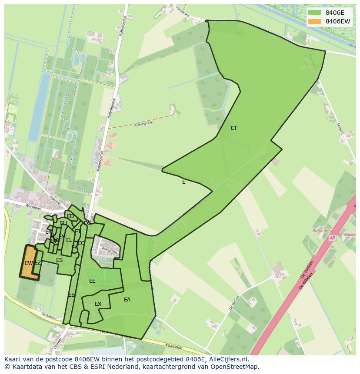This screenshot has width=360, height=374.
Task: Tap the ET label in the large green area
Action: [x=234, y=128]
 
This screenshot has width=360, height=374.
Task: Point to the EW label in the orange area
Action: [x=29, y=263]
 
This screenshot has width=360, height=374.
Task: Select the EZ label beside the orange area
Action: [x=38, y=263]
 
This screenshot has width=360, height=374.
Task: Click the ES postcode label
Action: [x=59, y=260]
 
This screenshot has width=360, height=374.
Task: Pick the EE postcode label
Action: [x=92, y=281]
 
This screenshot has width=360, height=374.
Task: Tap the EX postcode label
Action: [x=98, y=304]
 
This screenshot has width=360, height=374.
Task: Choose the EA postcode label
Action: [x=127, y=300]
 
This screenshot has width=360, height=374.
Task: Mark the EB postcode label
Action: [x=71, y=295]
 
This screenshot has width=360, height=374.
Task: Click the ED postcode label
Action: [x=70, y=216]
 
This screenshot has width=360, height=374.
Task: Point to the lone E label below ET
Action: [x=184, y=182]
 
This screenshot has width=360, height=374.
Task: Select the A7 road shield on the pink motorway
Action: [x=332, y=238]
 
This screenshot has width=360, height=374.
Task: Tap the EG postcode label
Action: [x=87, y=223]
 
